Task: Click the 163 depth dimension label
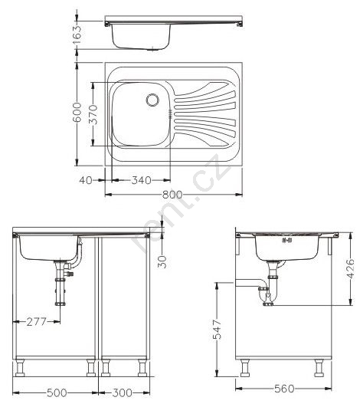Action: click(77, 34)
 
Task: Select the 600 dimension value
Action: click(77, 112)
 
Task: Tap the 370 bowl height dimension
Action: click(93, 114)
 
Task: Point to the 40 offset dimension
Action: click(86, 180)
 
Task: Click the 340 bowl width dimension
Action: click(142, 180)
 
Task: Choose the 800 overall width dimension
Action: click(172, 194)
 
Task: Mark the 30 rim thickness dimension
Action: click(162, 261)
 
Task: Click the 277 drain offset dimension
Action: click(36, 322)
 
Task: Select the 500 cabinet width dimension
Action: click(57, 392)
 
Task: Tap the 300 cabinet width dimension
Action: click(122, 392)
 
